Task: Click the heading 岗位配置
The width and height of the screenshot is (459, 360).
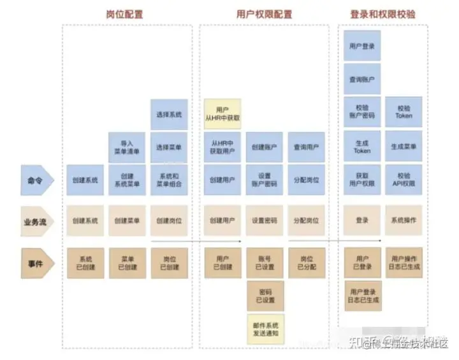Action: (x=126, y=14)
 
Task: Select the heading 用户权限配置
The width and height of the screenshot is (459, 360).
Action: (x=263, y=14)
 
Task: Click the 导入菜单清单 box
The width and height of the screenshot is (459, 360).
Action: (x=127, y=147)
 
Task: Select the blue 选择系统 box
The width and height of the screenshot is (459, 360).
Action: (x=169, y=115)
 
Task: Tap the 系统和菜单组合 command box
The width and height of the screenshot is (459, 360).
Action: (x=169, y=180)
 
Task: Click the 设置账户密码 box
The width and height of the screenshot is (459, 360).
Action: (x=264, y=180)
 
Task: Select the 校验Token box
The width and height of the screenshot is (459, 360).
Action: (x=404, y=112)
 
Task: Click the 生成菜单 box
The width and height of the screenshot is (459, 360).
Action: (x=404, y=147)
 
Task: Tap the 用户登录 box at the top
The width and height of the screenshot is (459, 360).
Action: (x=362, y=46)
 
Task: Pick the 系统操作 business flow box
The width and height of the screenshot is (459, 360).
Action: (x=404, y=220)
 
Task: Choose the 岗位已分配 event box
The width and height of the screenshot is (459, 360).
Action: (x=306, y=263)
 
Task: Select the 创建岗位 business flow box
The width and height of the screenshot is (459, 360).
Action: (x=169, y=220)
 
